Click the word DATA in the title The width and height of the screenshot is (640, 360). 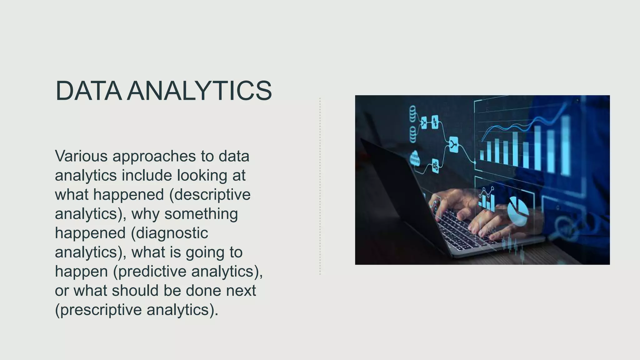[88, 91]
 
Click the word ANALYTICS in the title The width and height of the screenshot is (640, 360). [199, 91]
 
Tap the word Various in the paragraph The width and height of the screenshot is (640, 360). [81, 156]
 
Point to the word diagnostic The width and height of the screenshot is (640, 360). [172, 233]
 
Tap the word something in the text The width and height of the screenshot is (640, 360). [201, 214]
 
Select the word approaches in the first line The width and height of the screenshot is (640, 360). [154, 156]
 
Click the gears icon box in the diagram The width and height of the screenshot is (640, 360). [435, 166]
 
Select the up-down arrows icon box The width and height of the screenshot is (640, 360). [435, 122]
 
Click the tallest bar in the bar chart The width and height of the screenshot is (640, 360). [566, 145]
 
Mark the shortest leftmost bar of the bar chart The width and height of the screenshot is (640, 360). [482, 155]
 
